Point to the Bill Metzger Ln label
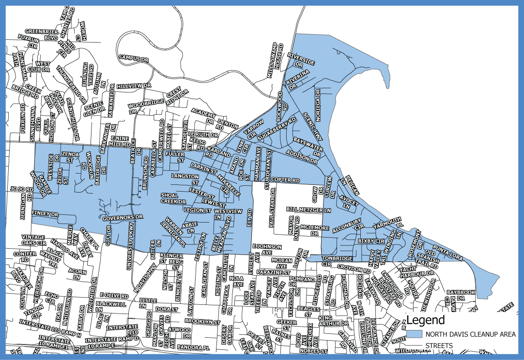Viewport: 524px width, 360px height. (x=308, y=210)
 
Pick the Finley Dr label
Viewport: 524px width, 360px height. (x=45, y=213)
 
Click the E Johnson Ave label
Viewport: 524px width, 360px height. (x=267, y=249)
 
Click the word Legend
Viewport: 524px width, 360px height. (x=425, y=320)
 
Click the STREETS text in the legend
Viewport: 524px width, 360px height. (x=439, y=345)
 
